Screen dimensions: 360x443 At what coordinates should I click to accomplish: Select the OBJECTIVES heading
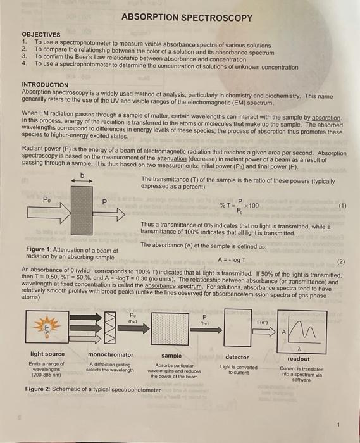(41, 34)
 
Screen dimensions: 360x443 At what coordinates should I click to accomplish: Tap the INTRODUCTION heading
(45, 85)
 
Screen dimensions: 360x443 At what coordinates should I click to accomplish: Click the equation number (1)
(342, 206)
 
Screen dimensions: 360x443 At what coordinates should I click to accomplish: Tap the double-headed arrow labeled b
(82, 180)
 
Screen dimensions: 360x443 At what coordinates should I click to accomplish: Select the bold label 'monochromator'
(111, 356)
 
